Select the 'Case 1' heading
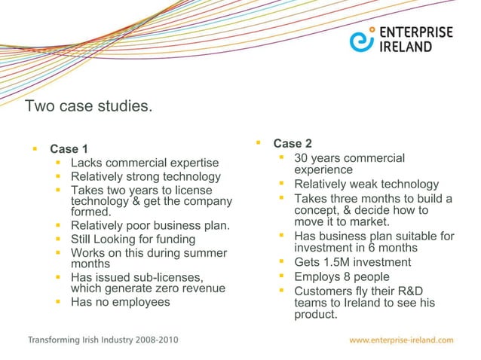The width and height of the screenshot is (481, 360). tap(69, 148)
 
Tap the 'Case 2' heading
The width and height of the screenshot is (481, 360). tap(293, 144)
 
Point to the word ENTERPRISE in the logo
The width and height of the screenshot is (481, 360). tap(416, 32)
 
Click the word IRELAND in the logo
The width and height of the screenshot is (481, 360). tap(406, 47)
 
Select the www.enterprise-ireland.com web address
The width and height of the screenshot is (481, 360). tap(402, 340)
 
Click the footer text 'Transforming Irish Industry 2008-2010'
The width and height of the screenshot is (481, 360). tap(103, 340)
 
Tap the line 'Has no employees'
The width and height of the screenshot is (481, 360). tap(120, 302)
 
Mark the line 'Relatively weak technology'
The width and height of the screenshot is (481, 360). tap(366, 185)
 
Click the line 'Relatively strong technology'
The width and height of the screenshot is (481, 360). tap(146, 177)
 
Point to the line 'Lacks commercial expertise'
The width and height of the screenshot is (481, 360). tap(144, 163)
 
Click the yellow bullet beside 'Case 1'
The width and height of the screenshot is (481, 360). tap(35, 147)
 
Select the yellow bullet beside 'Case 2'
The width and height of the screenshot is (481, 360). tap(258, 142)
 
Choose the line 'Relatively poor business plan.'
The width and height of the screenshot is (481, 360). tap(150, 226)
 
